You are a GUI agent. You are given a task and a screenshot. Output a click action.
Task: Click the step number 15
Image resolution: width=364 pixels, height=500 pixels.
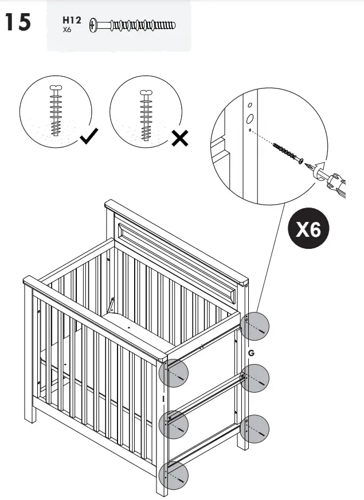pos(19,23)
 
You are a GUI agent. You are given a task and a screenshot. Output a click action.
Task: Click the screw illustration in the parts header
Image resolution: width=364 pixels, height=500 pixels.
pos(134,25)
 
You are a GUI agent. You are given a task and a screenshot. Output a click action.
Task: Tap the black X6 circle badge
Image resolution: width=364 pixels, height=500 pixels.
pos(308,231)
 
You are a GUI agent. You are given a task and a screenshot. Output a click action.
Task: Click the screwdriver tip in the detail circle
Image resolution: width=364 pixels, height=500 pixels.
pos(313,167)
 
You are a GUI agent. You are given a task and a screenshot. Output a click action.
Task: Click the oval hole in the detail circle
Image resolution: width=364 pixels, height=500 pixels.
pos(251,119)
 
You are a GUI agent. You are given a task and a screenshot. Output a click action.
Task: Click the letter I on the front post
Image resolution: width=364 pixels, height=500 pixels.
pos(163,397)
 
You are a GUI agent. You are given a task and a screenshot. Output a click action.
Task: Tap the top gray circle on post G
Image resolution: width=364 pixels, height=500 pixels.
pos(255,327)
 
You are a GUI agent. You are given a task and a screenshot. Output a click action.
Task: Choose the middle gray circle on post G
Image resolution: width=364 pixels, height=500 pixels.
pos(255,378)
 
